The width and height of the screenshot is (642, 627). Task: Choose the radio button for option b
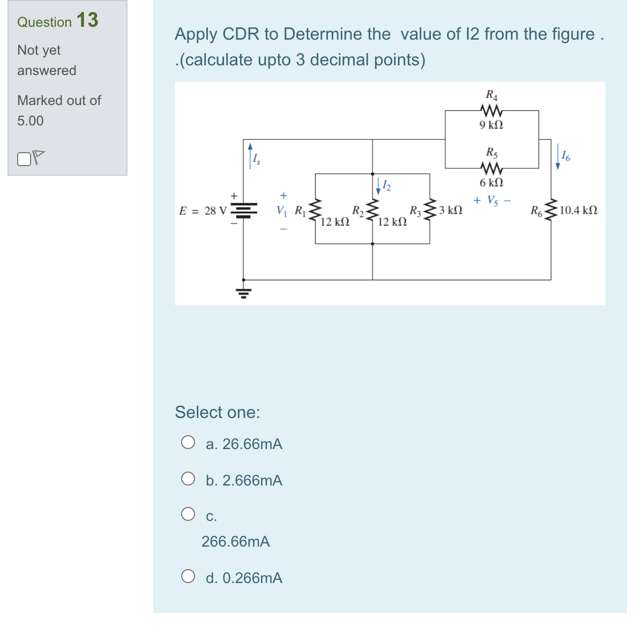[188, 479]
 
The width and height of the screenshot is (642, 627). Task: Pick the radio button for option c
[188, 514]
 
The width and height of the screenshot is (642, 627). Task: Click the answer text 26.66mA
[252, 444]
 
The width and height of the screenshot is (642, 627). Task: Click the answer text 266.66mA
[235, 542]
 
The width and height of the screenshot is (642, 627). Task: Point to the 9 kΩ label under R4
[491, 125]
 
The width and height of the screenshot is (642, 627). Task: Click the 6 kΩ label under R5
[491, 183]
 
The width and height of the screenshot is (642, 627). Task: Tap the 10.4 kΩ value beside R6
[578, 210]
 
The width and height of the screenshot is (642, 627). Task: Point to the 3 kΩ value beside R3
[450, 210]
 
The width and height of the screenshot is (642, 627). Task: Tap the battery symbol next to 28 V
[244, 210]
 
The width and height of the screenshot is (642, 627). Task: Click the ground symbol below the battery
[244, 293]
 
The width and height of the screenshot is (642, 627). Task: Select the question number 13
[87, 20]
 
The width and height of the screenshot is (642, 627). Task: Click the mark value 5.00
[31, 121]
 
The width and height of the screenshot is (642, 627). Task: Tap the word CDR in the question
[241, 34]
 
